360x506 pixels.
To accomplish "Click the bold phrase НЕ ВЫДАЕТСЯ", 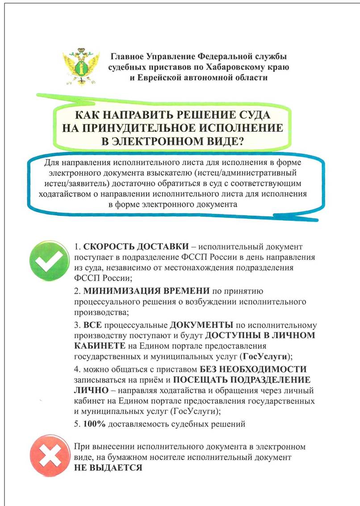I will [x=108, y=468].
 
